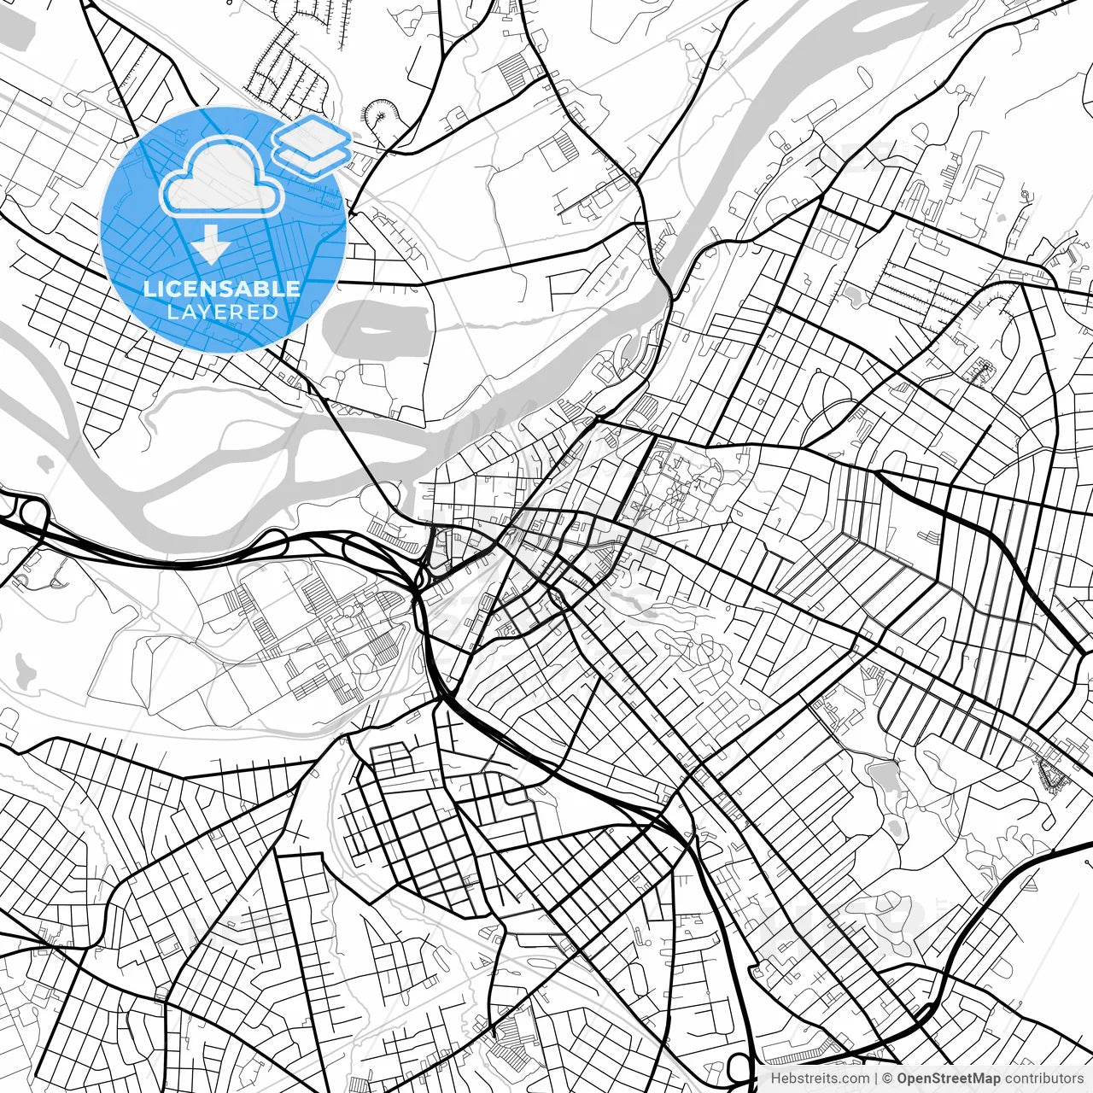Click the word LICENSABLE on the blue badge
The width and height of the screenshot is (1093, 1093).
(x=222, y=289)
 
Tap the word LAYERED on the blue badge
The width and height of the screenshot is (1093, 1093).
(x=222, y=312)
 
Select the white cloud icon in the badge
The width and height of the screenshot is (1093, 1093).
(x=222, y=178)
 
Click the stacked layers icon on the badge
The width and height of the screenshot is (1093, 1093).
(x=312, y=147)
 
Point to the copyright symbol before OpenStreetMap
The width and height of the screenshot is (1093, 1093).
(x=887, y=1078)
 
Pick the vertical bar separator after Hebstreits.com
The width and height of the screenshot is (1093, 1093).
(x=876, y=1078)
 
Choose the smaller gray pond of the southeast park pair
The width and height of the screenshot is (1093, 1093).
(x=893, y=827)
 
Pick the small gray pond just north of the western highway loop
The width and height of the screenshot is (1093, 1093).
(x=43, y=465)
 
